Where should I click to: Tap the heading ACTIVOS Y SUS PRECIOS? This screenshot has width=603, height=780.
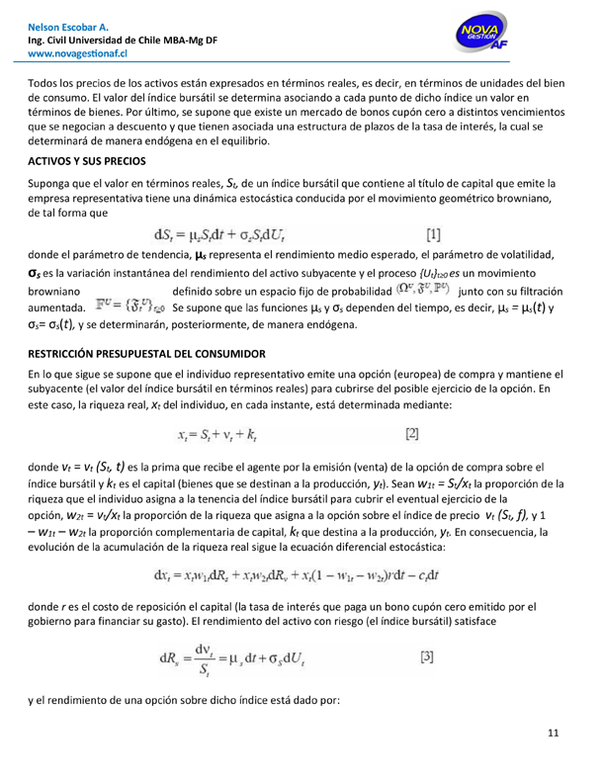[x=88, y=160]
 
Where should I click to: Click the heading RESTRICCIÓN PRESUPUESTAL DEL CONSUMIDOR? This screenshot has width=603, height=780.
[x=147, y=354]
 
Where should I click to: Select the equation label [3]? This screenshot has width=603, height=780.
[x=427, y=655]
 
